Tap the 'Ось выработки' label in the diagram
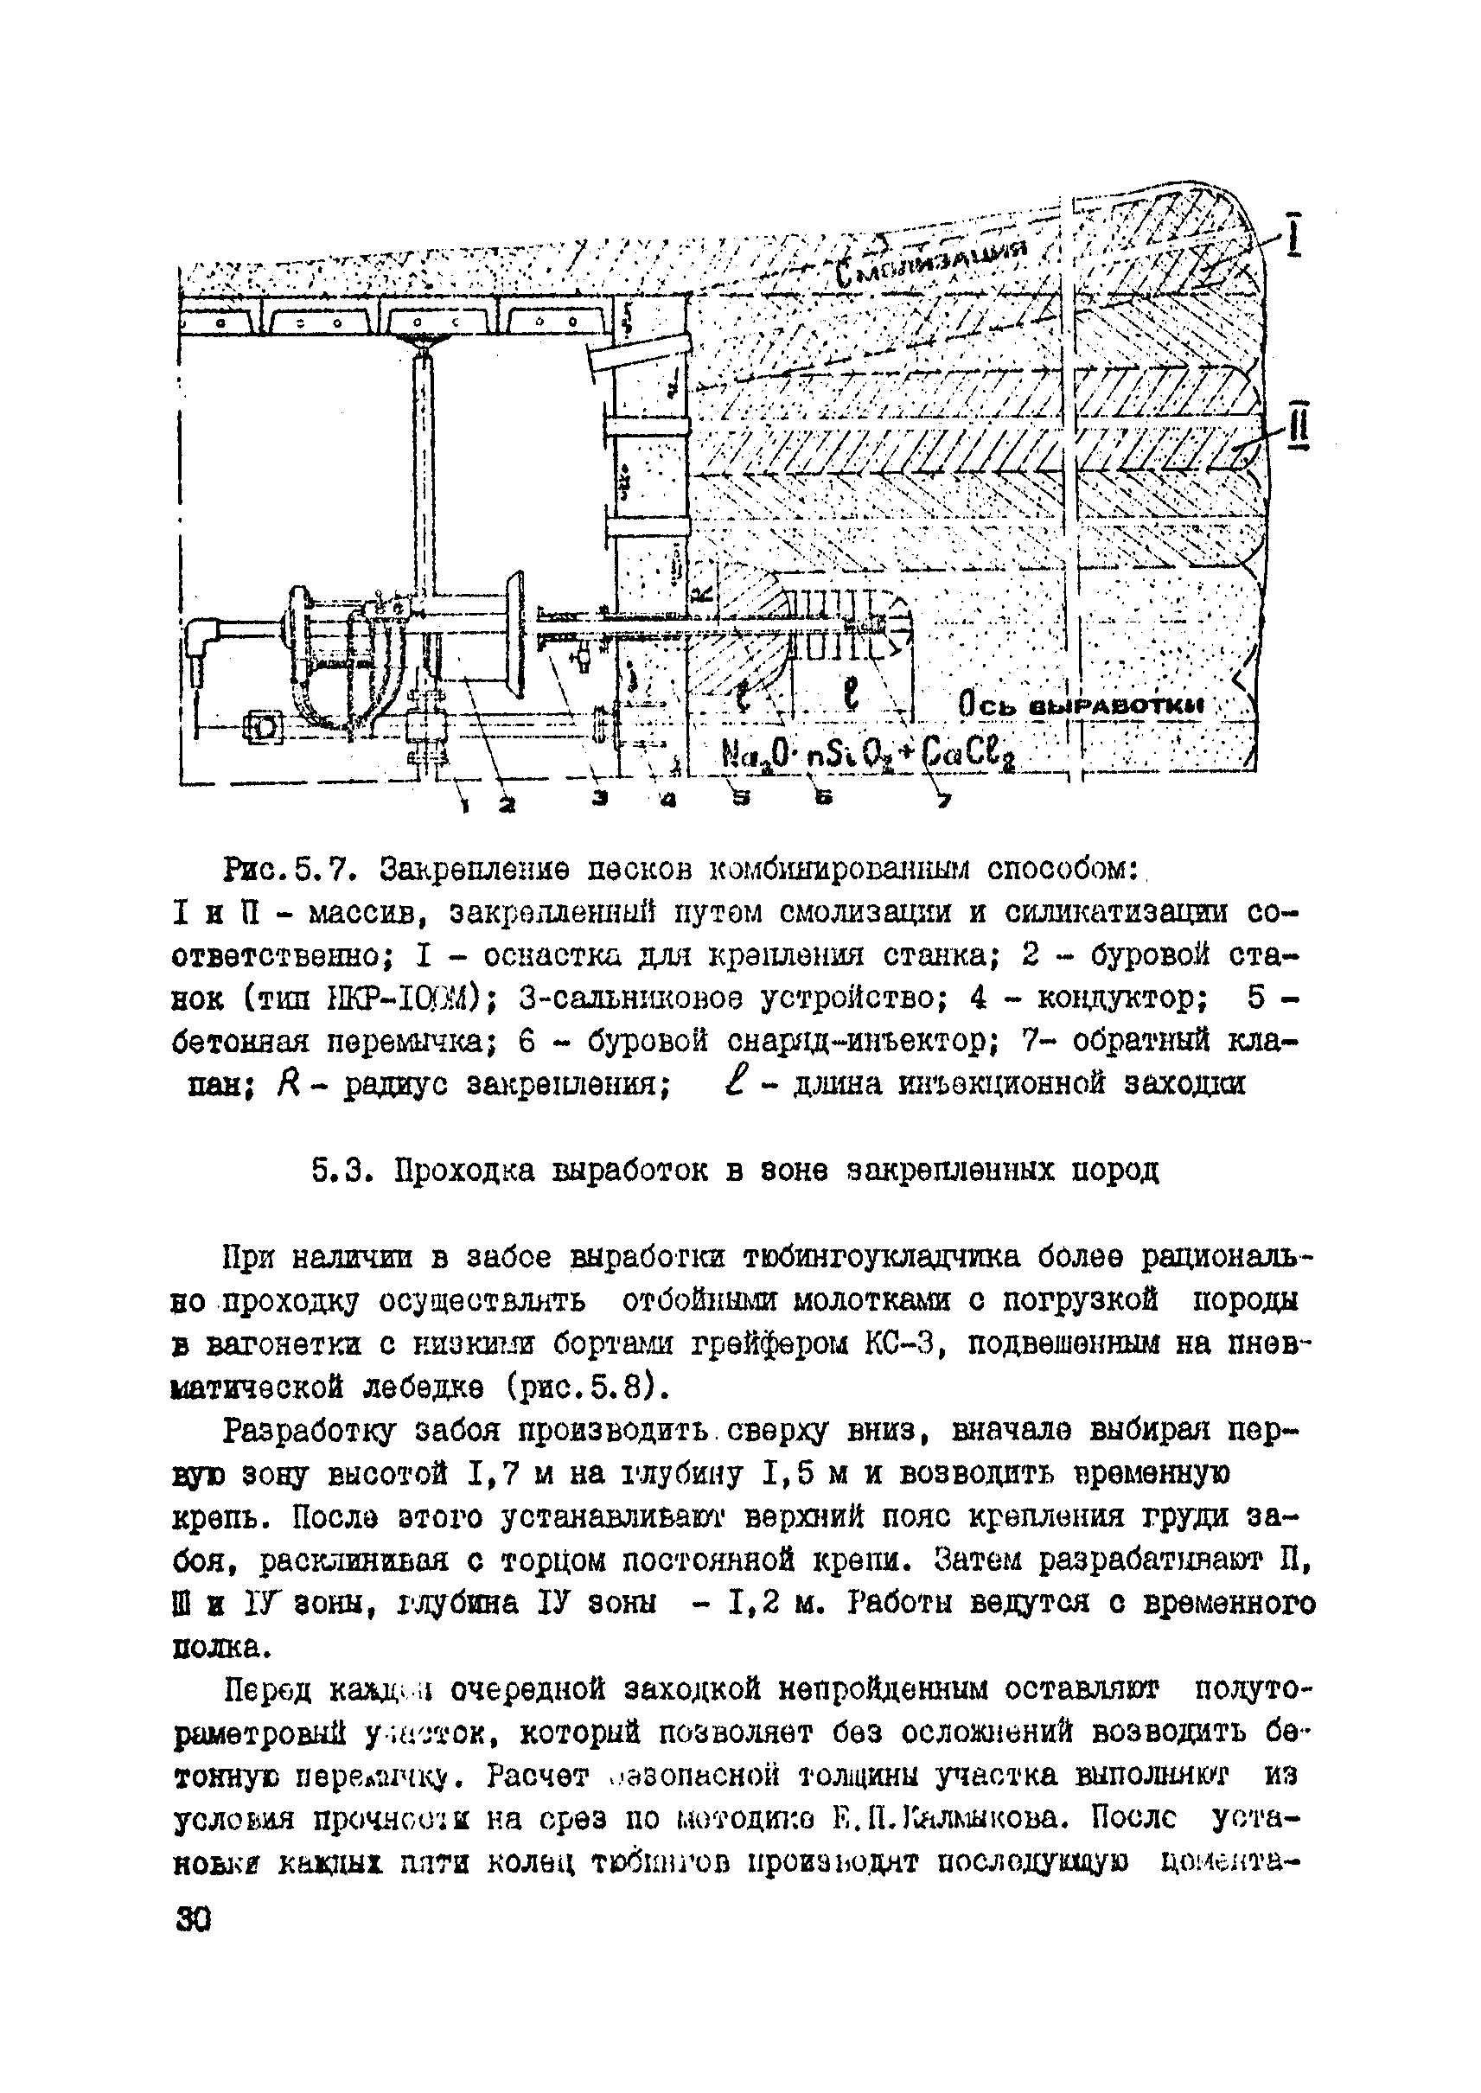point(1081,705)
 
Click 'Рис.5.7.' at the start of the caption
point(285,869)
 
